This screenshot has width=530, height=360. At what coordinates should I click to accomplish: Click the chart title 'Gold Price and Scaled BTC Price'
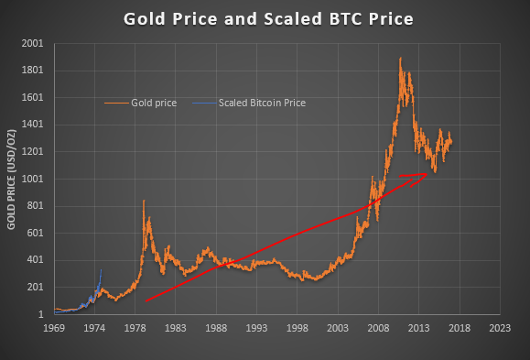click(265, 19)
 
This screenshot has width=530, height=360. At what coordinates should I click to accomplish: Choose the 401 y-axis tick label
click(34, 261)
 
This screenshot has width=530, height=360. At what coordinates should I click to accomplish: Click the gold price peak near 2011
click(400, 59)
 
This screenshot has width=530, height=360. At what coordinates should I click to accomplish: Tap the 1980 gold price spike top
click(144, 201)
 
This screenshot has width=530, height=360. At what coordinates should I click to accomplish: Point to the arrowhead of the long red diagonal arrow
click(427, 176)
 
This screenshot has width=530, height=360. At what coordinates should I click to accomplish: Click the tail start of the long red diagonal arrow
click(146, 300)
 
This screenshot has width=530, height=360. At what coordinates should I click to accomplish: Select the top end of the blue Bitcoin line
click(101, 269)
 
